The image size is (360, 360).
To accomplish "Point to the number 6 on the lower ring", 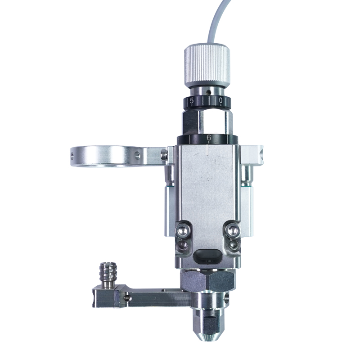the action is point(208,138).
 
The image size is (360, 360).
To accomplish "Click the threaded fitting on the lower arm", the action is point(107,274).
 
